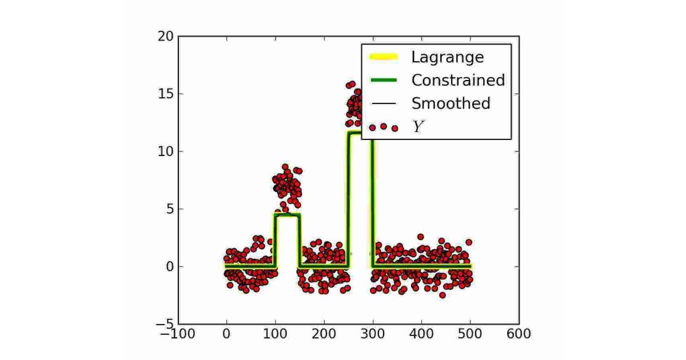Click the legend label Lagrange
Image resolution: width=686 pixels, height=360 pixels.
(447, 57)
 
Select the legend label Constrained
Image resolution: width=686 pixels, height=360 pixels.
(458, 80)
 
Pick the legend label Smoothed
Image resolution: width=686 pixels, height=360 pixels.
(450, 103)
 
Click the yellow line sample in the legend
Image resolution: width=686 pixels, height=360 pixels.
(383, 57)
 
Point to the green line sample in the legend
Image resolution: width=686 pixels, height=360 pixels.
(383, 80)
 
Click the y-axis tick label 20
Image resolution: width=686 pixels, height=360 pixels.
(166, 37)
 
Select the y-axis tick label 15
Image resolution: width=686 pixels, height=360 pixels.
(166, 94)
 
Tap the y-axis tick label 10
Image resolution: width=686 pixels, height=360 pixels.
(166, 151)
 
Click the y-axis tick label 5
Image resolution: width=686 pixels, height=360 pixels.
(170, 209)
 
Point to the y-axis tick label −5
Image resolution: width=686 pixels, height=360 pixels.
(165, 324)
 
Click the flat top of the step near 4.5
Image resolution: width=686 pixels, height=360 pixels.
(288, 215)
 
